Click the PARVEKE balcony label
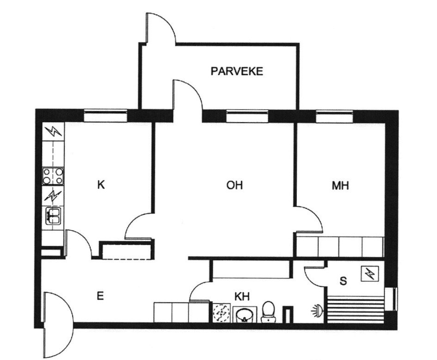pos(237,71)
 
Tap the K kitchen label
pos(101,185)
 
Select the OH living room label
pos(234,185)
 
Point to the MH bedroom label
pos(340,185)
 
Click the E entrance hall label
pos(100,296)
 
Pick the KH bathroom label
pos(242,297)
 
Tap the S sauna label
pos(343,281)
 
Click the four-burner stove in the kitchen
pos(53,176)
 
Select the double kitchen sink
pos(53,216)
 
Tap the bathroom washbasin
pos(245,314)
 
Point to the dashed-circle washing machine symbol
pos(222,312)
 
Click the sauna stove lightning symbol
pos(370,273)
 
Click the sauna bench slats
pos(356,309)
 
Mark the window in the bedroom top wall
pos(334,116)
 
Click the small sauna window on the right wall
pos(391,298)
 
